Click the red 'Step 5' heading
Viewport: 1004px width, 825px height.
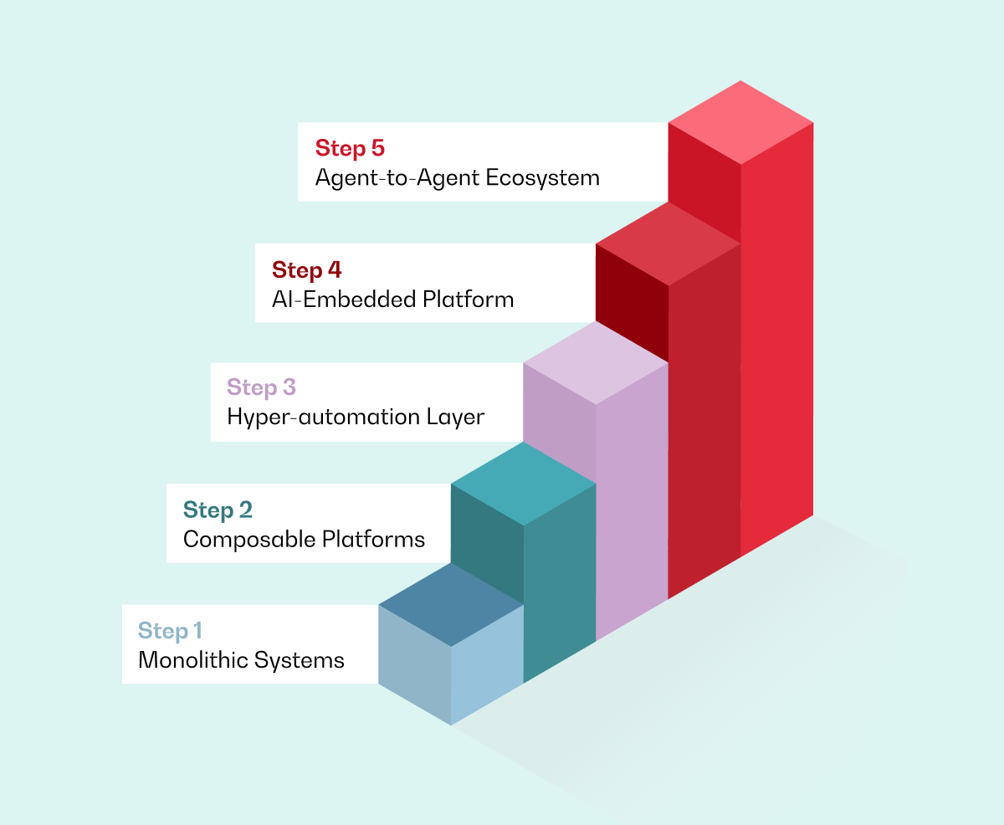(350, 149)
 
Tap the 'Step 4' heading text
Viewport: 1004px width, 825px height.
(307, 270)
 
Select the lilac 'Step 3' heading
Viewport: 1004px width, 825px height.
(262, 388)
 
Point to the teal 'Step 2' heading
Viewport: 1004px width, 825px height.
(218, 510)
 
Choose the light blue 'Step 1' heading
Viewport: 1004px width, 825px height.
(170, 631)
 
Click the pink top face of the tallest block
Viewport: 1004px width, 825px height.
(740, 122)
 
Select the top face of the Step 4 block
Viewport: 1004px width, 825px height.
(668, 243)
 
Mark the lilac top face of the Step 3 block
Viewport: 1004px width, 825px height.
(596, 363)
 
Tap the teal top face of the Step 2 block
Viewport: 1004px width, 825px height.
(523, 484)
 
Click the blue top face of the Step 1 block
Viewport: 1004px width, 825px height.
(451, 604)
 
